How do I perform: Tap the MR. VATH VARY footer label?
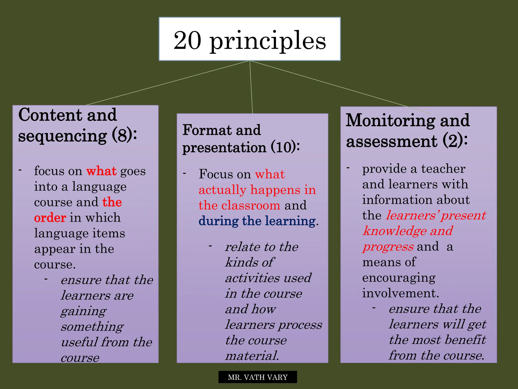coord(257,377)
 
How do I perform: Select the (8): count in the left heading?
coord(124,135)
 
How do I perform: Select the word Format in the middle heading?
coord(207,130)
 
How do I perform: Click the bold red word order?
coord(50,218)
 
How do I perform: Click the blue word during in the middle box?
coord(218,221)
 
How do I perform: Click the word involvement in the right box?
coord(400,293)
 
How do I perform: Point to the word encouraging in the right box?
coord(399,278)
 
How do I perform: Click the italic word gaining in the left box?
coord(83,311)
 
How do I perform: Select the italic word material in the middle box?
coord(252,356)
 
